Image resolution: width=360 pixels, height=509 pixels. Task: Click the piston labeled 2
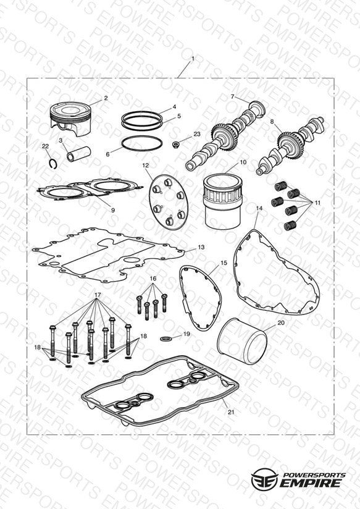tap(70, 119)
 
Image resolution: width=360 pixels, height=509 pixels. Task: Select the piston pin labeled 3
tap(78, 154)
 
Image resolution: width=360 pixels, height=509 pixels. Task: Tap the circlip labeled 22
tap(54, 164)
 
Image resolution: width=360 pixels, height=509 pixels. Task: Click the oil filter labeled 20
tap(242, 341)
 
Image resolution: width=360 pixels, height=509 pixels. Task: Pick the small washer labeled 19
tap(165, 339)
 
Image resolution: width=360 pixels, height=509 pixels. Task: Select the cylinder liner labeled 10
tap(223, 201)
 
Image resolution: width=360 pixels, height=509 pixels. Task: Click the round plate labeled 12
tap(167, 202)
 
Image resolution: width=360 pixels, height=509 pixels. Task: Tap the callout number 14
tap(259, 208)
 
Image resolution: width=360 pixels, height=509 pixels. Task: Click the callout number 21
tap(231, 412)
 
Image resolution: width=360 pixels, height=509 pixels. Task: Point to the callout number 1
tap(193, 59)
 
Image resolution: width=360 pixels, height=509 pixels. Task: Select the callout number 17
tap(98, 295)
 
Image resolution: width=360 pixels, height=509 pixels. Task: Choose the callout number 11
tap(317, 203)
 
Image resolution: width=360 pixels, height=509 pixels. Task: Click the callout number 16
tap(153, 279)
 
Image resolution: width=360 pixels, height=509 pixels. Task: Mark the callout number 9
tap(113, 211)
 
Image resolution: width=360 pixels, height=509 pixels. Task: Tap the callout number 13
tap(201, 247)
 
